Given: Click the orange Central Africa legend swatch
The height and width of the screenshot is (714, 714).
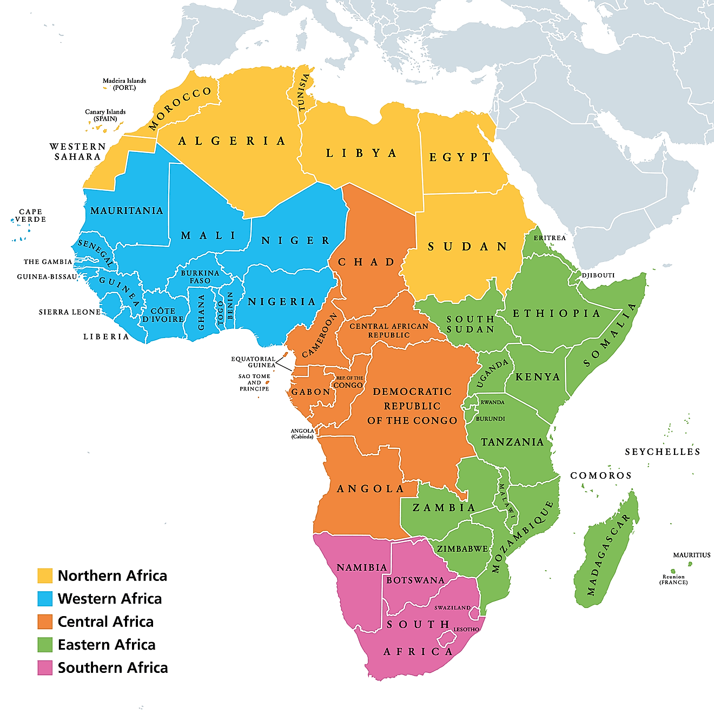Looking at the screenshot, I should tap(45, 622).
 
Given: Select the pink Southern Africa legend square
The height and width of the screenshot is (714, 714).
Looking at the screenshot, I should tap(45, 667).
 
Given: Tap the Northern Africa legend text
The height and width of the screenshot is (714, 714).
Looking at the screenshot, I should tap(112, 576).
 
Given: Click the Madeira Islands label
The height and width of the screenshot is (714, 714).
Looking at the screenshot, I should tap(124, 84).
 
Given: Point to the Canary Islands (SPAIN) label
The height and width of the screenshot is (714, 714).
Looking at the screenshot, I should tap(105, 115).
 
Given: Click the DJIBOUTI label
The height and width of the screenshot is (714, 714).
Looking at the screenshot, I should tap(598, 275).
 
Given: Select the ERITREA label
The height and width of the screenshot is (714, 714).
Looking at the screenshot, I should tap(550, 238).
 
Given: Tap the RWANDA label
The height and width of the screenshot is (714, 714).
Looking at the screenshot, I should tap(492, 402).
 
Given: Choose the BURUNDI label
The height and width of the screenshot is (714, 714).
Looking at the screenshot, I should tap(491, 419).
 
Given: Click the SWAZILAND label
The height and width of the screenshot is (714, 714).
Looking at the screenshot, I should tap(452, 607).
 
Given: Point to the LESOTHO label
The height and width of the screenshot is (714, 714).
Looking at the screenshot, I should tap(466, 629).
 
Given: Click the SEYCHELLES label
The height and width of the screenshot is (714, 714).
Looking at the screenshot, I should tap(662, 452).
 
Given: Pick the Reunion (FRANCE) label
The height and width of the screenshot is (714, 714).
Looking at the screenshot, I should tap(673, 579).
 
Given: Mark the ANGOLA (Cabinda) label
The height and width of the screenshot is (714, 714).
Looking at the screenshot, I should tap(302, 434).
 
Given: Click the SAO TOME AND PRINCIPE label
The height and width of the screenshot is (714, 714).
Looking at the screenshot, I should tap(254, 382).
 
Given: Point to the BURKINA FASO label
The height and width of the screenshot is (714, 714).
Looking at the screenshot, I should tap(200, 277).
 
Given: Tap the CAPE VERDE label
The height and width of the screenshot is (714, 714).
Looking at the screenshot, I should tap(30, 215).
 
